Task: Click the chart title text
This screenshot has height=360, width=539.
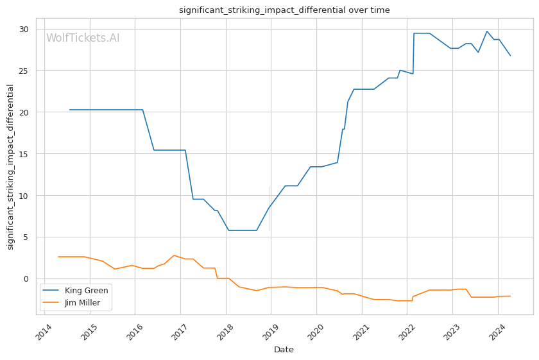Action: [x=284, y=10]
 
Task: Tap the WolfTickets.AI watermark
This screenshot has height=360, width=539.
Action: [x=83, y=39]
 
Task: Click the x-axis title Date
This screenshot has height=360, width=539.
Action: [x=284, y=350]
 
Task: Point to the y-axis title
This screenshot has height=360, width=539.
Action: [x=10, y=167]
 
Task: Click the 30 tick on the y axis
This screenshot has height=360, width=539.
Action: [x=24, y=30]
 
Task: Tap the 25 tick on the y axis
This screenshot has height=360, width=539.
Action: [x=24, y=71]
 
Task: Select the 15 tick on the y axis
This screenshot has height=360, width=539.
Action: [x=24, y=154]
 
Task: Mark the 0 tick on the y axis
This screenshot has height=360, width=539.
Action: [x=26, y=279]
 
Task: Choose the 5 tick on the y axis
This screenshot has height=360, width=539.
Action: [x=26, y=237]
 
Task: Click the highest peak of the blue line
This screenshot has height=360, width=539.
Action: [x=486, y=31]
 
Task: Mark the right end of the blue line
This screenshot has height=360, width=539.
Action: [x=510, y=55]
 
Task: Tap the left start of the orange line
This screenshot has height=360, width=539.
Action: [x=58, y=257]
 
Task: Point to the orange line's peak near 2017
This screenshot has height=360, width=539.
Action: [x=173, y=255]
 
